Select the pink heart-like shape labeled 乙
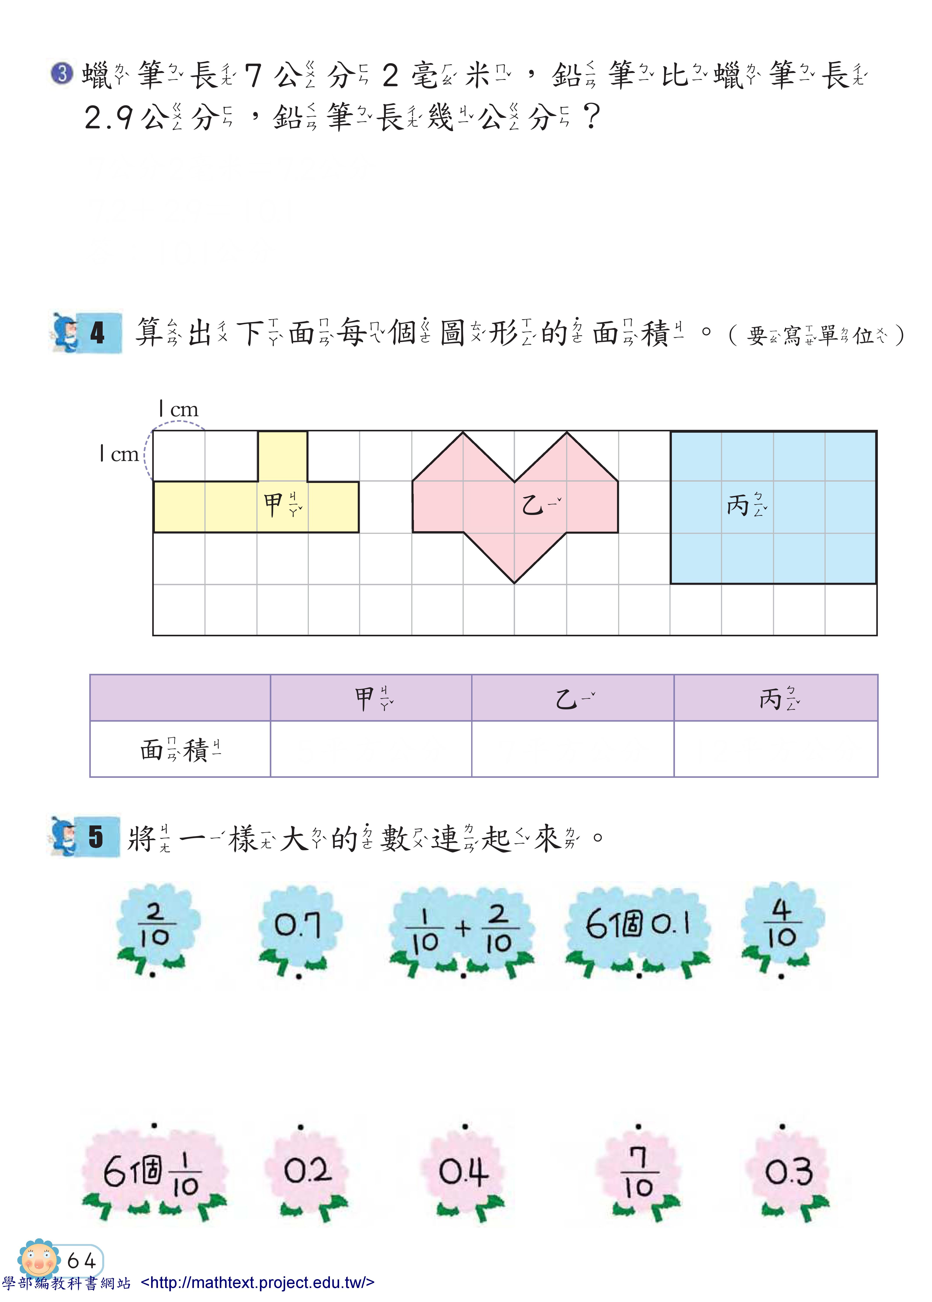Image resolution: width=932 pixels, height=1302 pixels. tap(515, 505)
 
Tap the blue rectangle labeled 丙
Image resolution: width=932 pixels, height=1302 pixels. tap(773, 508)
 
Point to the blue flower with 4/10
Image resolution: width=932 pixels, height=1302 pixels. tap(782, 923)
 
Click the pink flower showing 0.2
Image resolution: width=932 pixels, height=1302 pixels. tap(307, 1171)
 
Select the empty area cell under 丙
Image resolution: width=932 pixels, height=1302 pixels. tap(775, 749)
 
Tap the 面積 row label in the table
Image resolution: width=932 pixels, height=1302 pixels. tap(180, 749)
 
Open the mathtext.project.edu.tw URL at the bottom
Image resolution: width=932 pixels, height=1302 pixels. tap(257, 1282)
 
